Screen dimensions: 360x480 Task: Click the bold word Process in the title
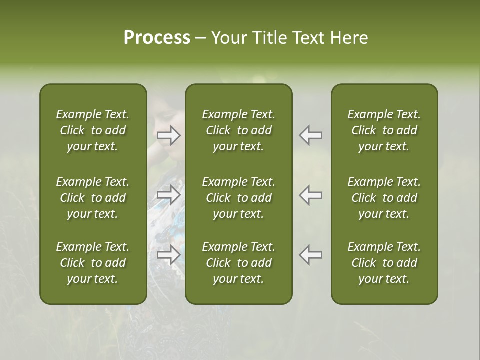(157, 38)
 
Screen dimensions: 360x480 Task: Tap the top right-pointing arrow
(168, 135)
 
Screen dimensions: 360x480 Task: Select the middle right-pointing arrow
(168, 195)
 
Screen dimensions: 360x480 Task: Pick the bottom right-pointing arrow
(168, 255)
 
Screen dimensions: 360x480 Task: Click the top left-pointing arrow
(310, 135)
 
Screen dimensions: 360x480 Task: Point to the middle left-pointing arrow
(310, 195)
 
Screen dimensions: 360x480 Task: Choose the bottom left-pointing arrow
(310, 255)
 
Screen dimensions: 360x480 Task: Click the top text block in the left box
(93, 130)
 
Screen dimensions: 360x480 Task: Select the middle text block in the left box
(93, 198)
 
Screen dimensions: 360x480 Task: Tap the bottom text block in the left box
(93, 263)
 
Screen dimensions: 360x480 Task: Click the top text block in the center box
(238, 130)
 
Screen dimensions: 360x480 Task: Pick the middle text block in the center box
(238, 198)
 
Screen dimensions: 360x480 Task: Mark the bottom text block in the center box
(238, 263)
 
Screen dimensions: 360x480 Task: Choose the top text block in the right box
(384, 130)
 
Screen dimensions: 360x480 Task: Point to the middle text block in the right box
(384, 198)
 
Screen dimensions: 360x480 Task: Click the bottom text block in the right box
(384, 263)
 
